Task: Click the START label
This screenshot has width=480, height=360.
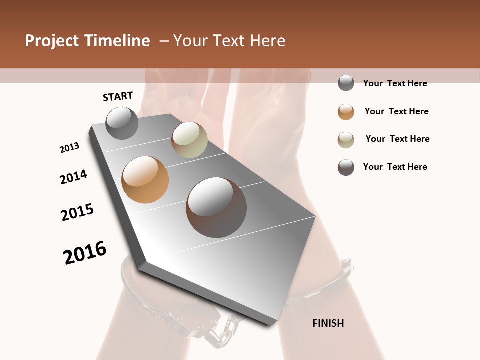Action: point(118,96)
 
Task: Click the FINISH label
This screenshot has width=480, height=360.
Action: point(328,323)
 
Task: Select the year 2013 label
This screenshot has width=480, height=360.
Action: point(69,148)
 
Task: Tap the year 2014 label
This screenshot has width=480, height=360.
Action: point(73,177)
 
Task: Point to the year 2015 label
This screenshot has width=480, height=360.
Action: point(77,212)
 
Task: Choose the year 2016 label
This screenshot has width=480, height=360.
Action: point(85,253)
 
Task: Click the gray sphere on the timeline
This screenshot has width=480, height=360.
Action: point(122,123)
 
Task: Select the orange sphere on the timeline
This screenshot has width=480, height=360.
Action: point(145,180)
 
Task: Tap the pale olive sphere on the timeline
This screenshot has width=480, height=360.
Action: point(189,140)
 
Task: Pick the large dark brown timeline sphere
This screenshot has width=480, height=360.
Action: point(216,207)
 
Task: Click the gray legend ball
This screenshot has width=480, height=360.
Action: point(346,83)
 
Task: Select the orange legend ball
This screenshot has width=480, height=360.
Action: point(346,112)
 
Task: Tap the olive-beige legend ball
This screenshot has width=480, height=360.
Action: point(346,140)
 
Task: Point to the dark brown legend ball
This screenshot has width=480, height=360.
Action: point(346,167)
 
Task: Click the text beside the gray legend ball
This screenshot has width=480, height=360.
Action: point(395,83)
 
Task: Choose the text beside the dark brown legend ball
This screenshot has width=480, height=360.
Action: point(395,167)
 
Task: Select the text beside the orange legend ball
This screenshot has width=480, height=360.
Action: point(396,111)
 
